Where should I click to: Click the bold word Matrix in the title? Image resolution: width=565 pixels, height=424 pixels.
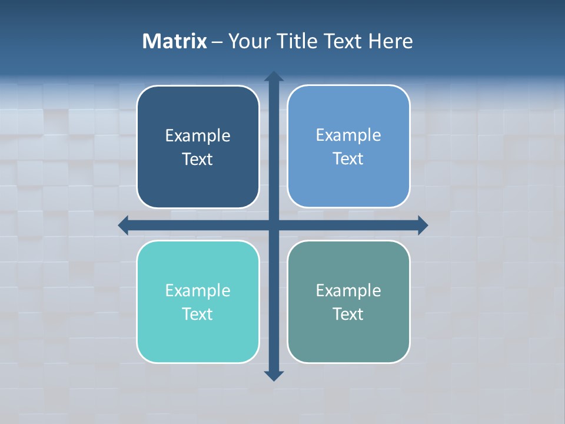pyautogui.click(x=175, y=41)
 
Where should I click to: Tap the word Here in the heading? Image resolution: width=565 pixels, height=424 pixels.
pyautogui.click(x=390, y=41)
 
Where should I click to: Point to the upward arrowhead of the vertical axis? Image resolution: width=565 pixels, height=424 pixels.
pyautogui.click(x=274, y=77)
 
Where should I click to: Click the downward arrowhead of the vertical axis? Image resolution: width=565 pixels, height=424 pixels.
pyautogui.click(x=274, y=375)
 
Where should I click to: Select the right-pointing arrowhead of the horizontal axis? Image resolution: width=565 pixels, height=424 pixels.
pyautogui.click(x=422, y=225)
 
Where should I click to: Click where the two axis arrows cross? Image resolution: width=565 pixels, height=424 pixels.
pyautogui.click(x=274, y=225)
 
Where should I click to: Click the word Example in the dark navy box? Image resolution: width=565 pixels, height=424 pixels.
pyautogui.click(x=198, y=136)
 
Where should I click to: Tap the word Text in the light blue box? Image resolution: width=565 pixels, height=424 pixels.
pyautogui.click(x=348, y=159)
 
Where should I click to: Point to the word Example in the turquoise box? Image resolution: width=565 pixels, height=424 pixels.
pyautogui.click(x=198, y=291)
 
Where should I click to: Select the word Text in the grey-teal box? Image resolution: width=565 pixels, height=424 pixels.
pyautogui.click(x=348, y=314)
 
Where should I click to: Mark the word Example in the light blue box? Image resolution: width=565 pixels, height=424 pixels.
pyautogui.click(x=348, y=135)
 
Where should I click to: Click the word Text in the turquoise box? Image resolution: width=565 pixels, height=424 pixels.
pyautogui.click(x=198, y=314)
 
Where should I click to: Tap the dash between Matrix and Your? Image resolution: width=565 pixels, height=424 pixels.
pyautogui.click(x=217, y=42)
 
